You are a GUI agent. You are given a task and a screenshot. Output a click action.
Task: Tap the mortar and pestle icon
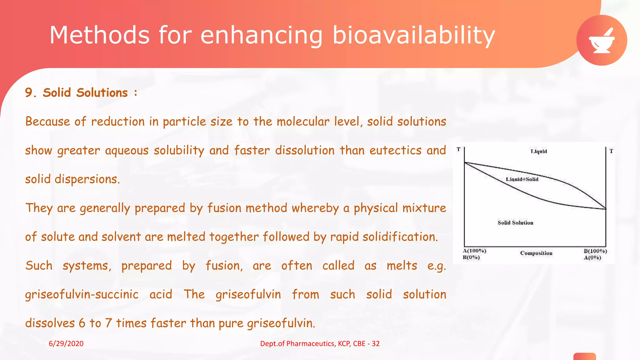tap(602, 40)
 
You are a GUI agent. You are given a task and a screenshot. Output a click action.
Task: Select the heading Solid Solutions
tap(85, 93)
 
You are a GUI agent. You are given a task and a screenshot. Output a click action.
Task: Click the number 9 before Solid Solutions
tap(29, 93)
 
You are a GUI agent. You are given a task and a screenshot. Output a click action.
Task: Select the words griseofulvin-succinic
tap(82, 295)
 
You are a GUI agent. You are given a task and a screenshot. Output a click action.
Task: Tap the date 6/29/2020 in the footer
tap(66, 343)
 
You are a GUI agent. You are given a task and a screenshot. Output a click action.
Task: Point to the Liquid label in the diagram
tap(539, 152)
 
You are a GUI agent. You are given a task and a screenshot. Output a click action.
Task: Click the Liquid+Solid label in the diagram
tap(522, 179)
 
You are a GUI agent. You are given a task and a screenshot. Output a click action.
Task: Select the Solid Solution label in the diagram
tap(515, 223)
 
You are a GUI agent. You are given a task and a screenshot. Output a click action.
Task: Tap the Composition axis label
tap(536, 253)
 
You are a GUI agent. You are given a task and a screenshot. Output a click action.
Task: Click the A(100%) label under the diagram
tap(474, 251)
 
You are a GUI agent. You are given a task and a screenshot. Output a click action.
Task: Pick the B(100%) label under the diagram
tap(595, 251)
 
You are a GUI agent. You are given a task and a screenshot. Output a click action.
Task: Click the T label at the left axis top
tap(458, 150)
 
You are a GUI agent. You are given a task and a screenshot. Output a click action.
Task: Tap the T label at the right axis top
tap(611, 151)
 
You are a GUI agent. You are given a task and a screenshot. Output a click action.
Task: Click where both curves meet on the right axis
tap(606, 209)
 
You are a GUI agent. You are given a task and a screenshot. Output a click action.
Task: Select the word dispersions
tap(87, 179)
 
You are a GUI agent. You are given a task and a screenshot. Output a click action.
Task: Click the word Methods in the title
tap(99, 35)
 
